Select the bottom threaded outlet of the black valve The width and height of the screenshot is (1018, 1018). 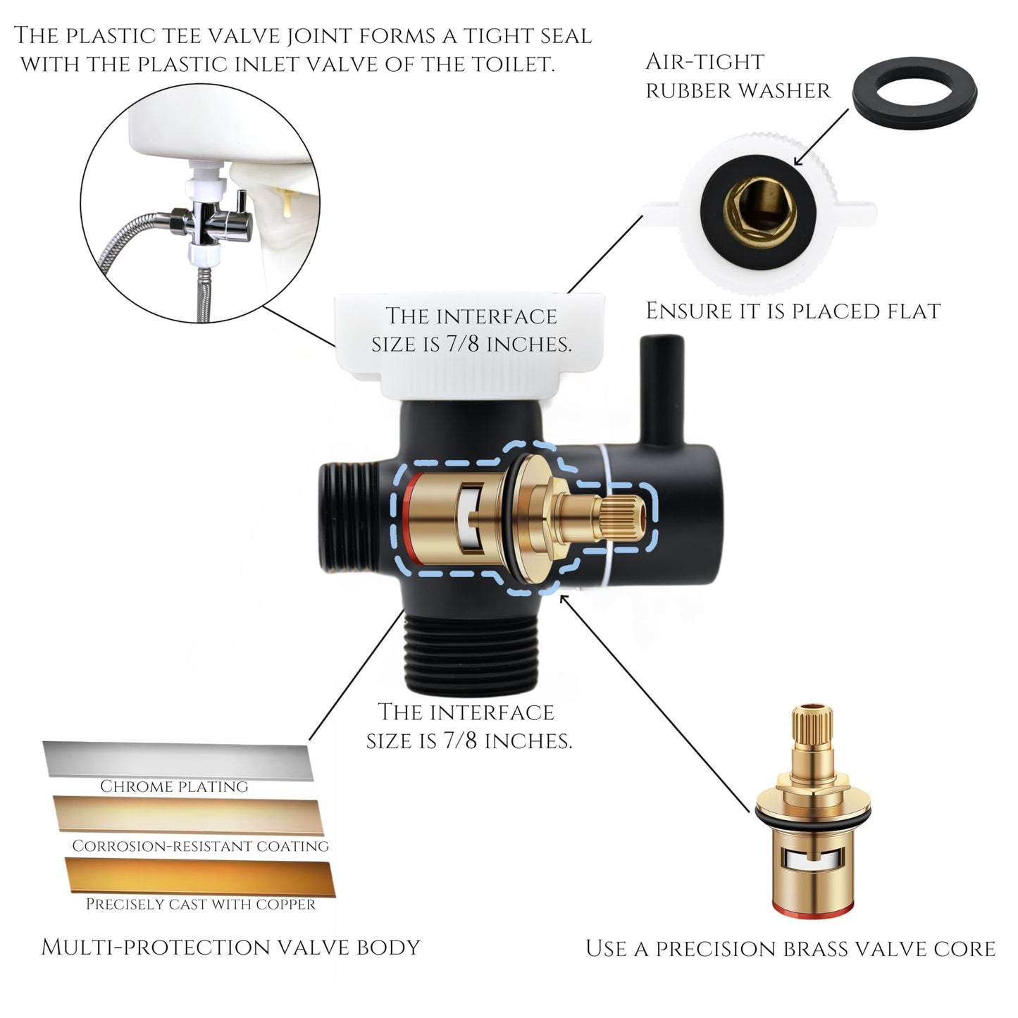pos(471,652)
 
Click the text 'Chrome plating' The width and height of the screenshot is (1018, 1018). pos(174,787)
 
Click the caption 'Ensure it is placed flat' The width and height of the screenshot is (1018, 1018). pos(793,311)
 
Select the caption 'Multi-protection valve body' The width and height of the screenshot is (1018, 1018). pos(231,948)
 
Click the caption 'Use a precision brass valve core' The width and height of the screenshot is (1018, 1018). pos(791,949)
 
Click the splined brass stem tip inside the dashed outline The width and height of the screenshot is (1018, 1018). pos(624,519)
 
